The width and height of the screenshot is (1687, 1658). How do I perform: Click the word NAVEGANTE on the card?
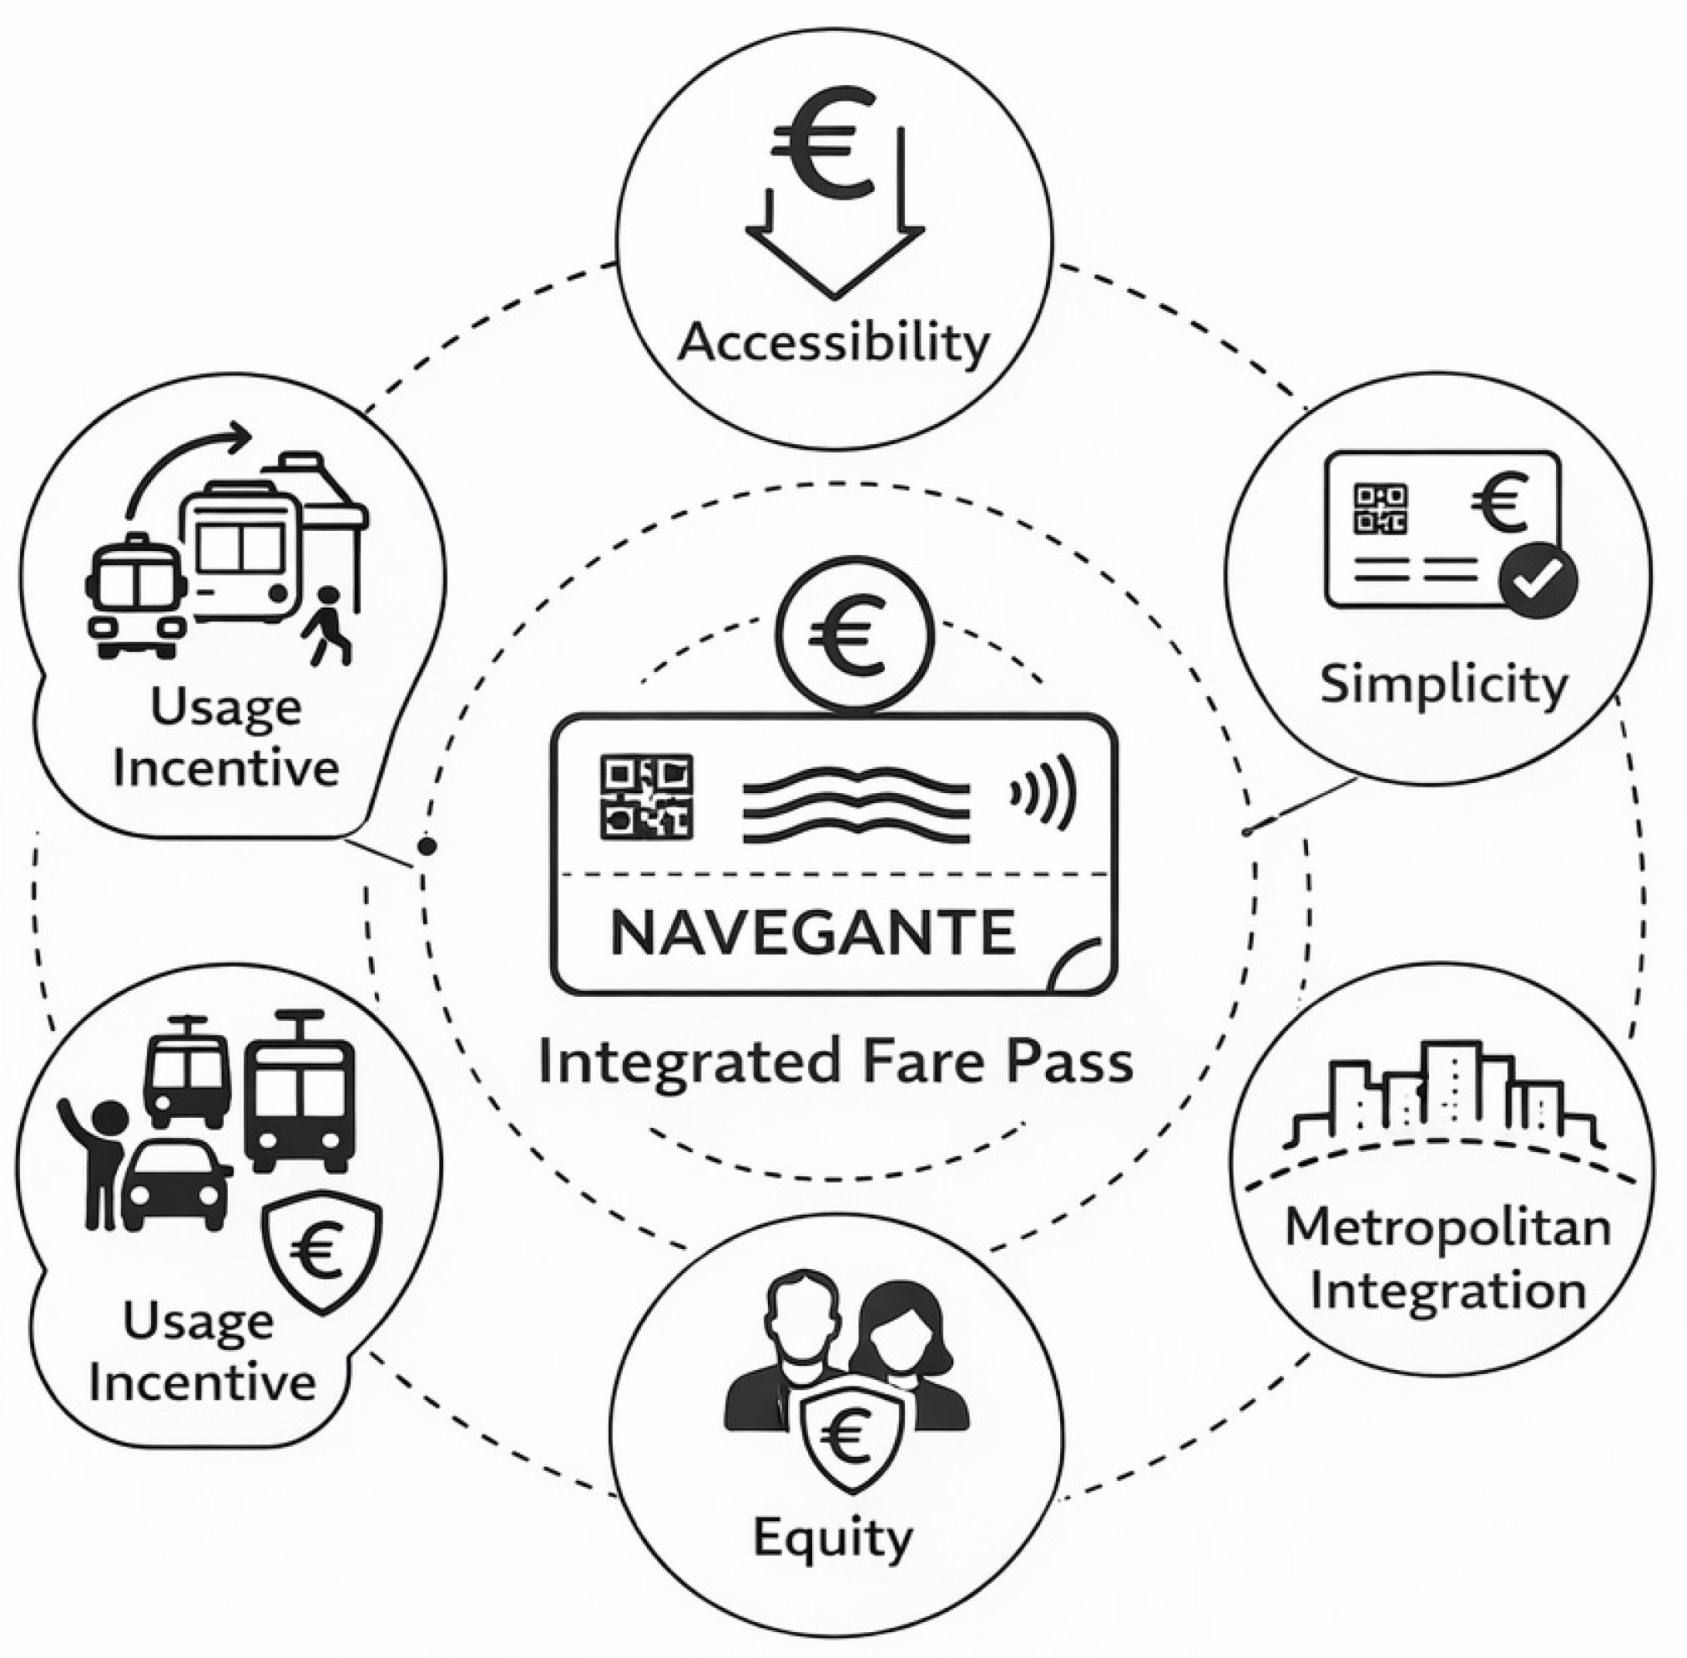[x=813, y=933]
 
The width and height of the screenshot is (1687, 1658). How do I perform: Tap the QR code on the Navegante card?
[x=647, y=797]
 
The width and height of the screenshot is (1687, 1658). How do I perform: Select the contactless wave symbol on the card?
[x=1043, y=793]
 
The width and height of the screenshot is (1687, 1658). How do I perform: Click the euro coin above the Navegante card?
[x=854, y=638]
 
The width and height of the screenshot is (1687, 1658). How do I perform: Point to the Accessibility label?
[x=833, y=341]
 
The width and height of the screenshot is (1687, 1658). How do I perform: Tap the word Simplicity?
[x=1443, y=685]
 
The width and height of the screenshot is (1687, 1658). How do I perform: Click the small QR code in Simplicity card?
[x=1380, y=509]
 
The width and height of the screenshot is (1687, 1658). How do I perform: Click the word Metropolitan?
[x=1447, y=1228]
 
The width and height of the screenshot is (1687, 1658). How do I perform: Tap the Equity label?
[x=832, y=1536]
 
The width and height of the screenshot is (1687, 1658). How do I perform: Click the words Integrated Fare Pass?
[x=836, y=1064]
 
